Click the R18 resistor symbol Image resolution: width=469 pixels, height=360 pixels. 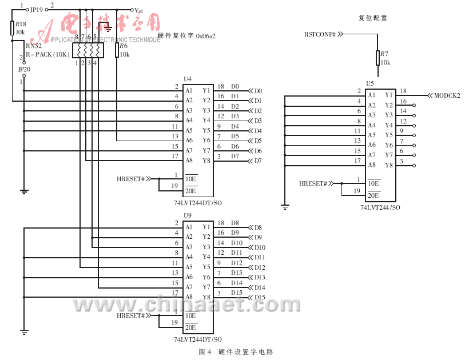click(12, 29)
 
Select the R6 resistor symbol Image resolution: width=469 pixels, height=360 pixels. click(117, 50)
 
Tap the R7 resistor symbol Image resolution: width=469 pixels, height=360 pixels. click(377, 58)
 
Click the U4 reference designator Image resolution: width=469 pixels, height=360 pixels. click(187, 79)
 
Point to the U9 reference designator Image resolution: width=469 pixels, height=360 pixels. click(187, 215)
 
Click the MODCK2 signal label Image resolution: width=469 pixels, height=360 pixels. click(447, 95)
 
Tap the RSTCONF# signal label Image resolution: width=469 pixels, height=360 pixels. click(321, 34)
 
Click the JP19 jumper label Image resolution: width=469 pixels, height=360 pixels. click(36, 10)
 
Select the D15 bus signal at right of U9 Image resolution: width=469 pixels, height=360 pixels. click(260, 298)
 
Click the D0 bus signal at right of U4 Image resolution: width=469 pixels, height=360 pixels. click(258, 91)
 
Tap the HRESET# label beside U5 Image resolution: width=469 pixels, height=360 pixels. click(313, 183)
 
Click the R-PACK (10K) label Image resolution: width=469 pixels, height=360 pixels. click(47, 54)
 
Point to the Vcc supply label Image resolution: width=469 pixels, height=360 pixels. click(138, 10)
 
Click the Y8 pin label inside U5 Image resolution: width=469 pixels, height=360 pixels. click(389, 165)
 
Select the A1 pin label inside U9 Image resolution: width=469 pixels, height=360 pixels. click(189, 227)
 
